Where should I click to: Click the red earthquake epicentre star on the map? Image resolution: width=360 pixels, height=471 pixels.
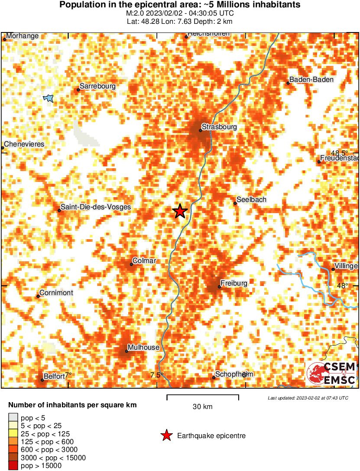[180, 211]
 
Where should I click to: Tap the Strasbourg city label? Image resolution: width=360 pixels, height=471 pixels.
[219, 127]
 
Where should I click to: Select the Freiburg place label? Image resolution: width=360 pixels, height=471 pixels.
[234, 283]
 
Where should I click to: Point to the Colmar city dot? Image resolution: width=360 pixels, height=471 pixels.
[132, 264]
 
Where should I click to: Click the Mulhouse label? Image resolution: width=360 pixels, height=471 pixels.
[143, 348]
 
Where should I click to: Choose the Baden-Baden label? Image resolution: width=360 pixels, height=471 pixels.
[305, 79]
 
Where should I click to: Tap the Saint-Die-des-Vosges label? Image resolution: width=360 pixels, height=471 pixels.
[95, 207]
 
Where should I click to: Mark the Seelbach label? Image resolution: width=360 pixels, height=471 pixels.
[251, 200]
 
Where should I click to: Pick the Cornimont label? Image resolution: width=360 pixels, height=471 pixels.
[56, 293]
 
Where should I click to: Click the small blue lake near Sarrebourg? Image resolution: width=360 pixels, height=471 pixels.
[49, 98]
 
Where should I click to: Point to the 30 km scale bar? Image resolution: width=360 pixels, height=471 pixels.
[203, 396]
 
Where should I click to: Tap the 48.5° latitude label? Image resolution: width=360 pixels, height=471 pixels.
[340, 153]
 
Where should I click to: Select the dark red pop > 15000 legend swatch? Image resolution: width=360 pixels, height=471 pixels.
[13, 466]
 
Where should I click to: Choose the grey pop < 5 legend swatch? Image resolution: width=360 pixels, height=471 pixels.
[13, 418]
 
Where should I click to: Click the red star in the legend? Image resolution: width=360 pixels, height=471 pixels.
[166, 436]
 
